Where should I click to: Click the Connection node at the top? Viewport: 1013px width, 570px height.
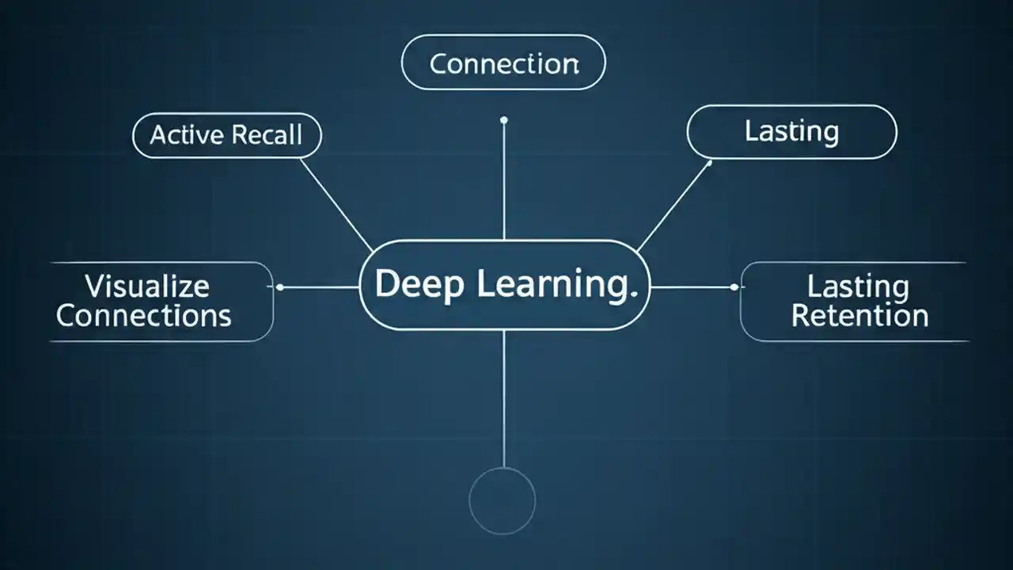[x=503, y=63]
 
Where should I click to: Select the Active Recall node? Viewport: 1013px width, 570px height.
[x=226, y=135]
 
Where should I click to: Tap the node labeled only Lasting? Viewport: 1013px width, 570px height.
[x=791, y=131]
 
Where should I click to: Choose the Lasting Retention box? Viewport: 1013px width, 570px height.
[x=859, y=301]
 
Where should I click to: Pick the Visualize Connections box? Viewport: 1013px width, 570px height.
[x=146, y=301]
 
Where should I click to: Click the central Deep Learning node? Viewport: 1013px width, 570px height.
[x=504, y=285]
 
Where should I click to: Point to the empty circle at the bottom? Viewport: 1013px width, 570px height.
[x=503, y=500]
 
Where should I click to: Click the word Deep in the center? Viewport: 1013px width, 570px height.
[x=419, y=285]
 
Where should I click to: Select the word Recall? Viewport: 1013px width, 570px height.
[x=265, y=135]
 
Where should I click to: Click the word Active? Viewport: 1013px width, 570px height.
[x=187, y=135]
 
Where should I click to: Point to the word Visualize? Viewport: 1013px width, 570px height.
[x=146, y=285]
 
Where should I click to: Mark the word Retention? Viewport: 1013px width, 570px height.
[x=859, y=316]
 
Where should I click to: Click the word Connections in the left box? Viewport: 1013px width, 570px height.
[x=144, y=316]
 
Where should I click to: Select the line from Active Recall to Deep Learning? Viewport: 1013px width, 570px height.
[x=336, y=204]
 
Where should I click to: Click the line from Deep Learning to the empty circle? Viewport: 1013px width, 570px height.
[x=503, y=396]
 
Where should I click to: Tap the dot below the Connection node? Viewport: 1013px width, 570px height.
[x=503, y=120]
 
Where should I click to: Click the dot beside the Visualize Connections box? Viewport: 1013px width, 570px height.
[x=280, y=287]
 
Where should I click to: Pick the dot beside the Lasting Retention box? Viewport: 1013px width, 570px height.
[x=733, y=287]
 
